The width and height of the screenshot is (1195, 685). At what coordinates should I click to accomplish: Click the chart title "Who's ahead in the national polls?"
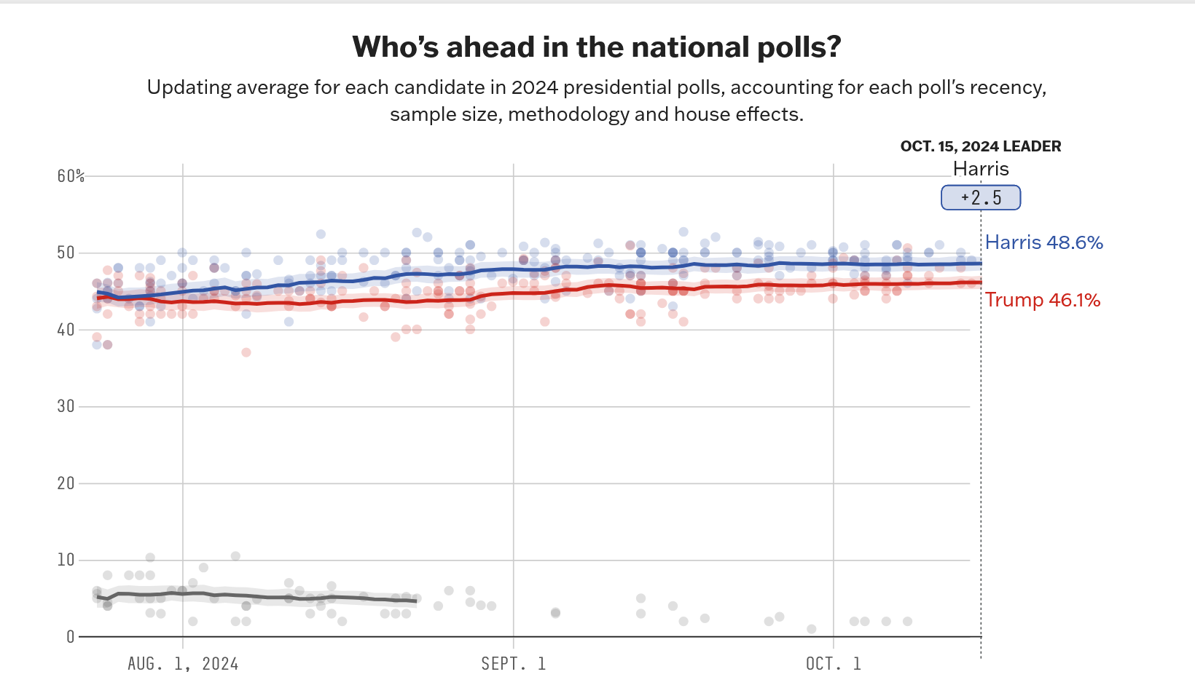(x=597, y=47)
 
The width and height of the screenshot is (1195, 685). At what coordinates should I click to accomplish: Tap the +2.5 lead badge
(x=981, y=198)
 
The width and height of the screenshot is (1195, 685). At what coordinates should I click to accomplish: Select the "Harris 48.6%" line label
(x=1043, y=242)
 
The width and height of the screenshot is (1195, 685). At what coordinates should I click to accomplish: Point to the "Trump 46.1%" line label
(x=1043, y=300)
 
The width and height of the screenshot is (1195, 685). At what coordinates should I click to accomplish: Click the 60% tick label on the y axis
(x=71, y=176)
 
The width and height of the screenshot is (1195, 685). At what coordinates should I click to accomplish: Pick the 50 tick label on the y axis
(x=66, y=253)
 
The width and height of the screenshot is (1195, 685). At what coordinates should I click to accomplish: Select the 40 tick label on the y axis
(x=66, y=330)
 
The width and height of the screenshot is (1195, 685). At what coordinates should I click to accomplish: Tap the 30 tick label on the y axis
(x=66, y=406)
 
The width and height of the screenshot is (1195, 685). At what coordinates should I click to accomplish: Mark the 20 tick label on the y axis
(x=66, y=483)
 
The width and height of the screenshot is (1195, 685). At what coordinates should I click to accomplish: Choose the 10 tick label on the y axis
(x=66, y=560)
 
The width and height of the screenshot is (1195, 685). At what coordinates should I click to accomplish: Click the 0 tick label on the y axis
(x=70, y=637)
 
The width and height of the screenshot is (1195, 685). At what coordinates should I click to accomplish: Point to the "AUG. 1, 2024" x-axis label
(x=183, y=664)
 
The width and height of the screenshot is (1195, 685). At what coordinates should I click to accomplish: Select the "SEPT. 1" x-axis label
(x=513, y=664)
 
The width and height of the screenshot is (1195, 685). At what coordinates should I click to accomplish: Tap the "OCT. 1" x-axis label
(x=833, y=664)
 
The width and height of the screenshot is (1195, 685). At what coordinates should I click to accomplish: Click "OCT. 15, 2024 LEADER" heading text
(x=981, y=146)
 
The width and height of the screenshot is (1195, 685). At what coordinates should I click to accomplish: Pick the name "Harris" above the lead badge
(x=981, y=169)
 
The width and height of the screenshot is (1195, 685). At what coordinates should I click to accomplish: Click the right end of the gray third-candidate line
(x=415, y=601)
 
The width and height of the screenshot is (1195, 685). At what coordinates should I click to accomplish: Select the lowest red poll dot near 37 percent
(x=246, y=352)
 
